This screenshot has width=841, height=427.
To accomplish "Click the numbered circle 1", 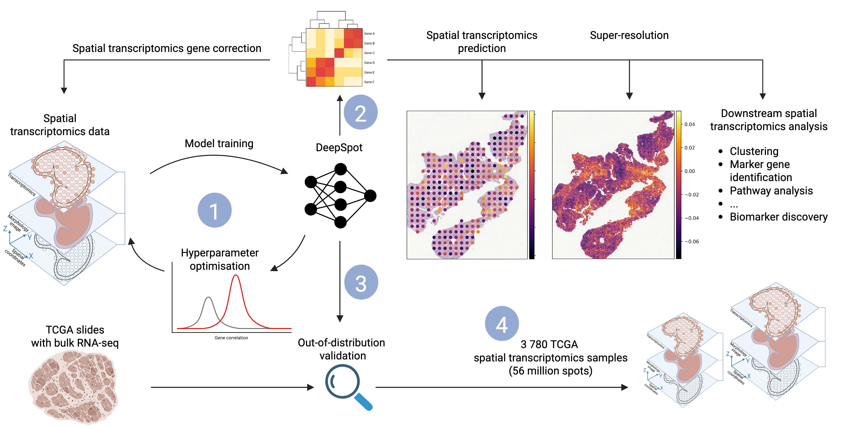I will (214, 210).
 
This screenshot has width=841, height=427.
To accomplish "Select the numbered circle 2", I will (361, 112).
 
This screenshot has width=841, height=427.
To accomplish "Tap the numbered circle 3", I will (361, 282).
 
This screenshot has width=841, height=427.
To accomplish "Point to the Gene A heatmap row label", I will (369, 34).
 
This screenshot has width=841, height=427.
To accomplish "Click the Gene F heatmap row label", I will (369, 82).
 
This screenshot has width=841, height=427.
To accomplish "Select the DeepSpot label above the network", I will (339, 147).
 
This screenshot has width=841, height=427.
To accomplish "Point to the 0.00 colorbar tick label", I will (690, 171).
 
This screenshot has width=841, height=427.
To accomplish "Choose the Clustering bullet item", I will (754, 151).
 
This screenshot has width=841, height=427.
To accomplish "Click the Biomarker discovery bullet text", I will (778, 217).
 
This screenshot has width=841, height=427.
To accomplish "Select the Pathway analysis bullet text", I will (771, 191).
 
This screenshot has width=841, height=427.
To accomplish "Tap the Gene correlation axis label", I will (231, 338).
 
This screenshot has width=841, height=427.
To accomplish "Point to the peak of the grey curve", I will (208, 298).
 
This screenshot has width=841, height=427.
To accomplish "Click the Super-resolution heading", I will (629, 35).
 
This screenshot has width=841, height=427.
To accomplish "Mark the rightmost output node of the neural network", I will (370, 196).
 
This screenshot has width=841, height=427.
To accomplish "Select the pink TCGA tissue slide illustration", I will (74, 387).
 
